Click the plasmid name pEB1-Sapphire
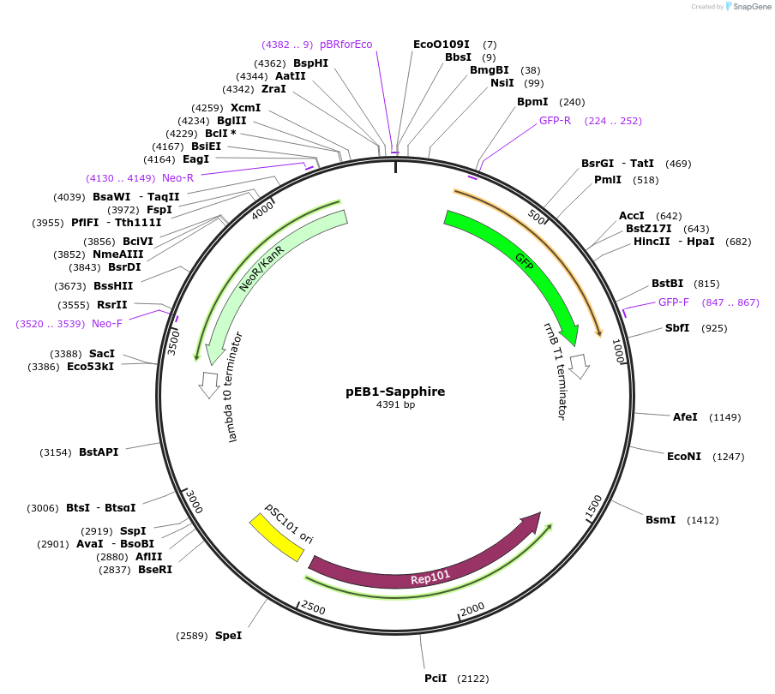[395, 392]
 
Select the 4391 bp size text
[395, 405]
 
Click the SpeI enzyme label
[228, 636]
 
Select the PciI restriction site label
[436, 679]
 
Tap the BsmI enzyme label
[660, 520]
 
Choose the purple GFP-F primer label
[674, 302]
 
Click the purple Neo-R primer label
[177, 178]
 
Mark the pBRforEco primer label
[346, 45]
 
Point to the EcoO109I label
[441, 45]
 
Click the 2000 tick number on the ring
[472, 608]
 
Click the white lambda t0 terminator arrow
[208, 384]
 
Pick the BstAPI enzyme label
[99, 452]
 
